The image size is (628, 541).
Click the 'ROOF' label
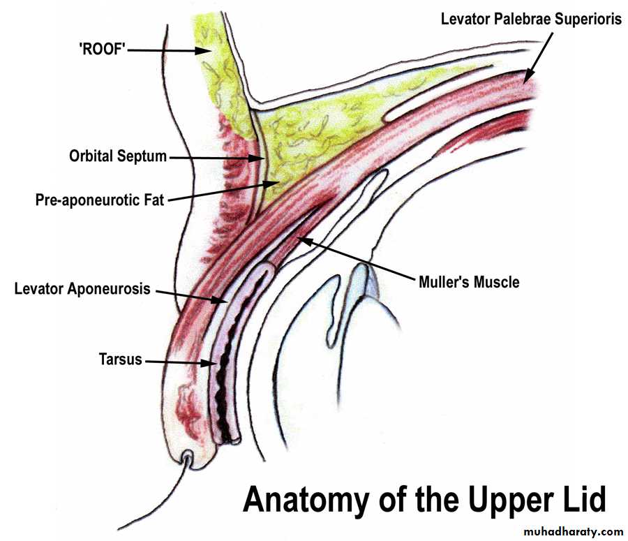click(101, 50)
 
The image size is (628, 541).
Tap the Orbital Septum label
click(118, 156)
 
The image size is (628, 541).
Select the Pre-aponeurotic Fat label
click(99, 200)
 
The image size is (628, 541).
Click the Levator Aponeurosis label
click(82, 288)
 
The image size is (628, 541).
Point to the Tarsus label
click(120, 360)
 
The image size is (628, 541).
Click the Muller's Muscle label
click(468, 283)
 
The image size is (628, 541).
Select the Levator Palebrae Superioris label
click(530, 19)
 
